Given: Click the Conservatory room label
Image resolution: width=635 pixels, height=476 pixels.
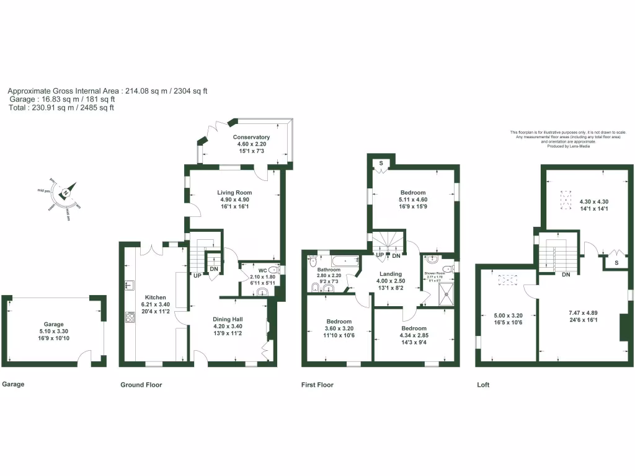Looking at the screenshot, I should click(x=251, y=137).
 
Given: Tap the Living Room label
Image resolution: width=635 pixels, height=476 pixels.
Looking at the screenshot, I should click(x=234, y=192).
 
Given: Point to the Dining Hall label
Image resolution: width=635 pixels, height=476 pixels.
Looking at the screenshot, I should click(x=228, y=319).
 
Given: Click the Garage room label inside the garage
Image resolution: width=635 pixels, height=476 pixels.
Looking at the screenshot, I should click(x=53, y=324).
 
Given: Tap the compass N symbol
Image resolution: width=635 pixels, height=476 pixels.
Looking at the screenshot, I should click(x=66, y=193).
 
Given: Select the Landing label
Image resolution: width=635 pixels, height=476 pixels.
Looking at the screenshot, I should click(x=390, y=274).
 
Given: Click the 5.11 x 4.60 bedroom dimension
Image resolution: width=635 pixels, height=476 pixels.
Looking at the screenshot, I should click(x=412, y=200).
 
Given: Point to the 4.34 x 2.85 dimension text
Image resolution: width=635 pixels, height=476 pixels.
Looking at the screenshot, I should click(x=414, y=335).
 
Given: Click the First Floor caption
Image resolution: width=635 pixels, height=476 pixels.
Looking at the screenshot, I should click(x=317, y=385).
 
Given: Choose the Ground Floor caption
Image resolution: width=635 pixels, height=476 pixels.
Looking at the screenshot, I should click(x=141, y=385).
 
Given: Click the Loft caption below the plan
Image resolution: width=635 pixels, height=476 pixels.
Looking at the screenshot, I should click(x=483, y=385).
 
